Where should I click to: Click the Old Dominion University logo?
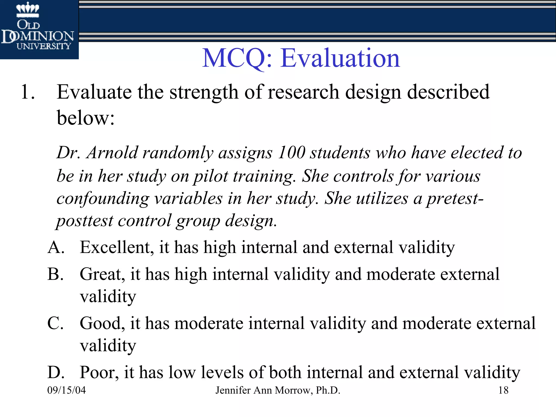point(38,29)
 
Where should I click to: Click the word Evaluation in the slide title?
point(340,58)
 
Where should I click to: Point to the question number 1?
point(27,92)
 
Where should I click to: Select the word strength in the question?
point(204,92)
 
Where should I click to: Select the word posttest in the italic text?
point(85,220)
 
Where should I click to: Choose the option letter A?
point(56,247)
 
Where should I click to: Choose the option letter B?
point(55,274)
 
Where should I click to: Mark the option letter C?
point(55,323)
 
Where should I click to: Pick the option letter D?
point(56,372)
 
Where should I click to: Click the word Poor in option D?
point(99,372)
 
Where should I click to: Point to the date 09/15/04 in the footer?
point(67,390)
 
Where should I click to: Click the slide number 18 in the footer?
point(503,390)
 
